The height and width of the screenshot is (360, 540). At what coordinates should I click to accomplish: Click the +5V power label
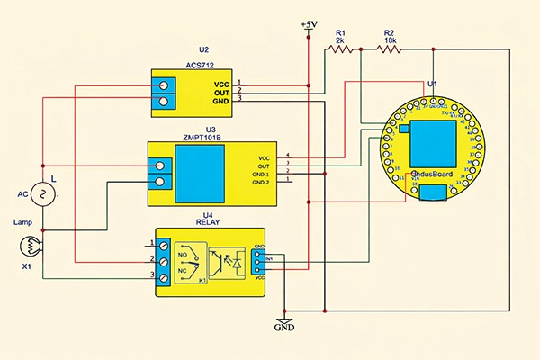[x=309, y=24]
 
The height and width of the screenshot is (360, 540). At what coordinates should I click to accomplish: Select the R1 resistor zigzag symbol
[x=341, y=49]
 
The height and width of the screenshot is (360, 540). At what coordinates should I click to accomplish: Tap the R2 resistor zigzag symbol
[x=390, y=49]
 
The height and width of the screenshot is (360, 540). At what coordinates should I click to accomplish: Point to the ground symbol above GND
[x=284, y=319]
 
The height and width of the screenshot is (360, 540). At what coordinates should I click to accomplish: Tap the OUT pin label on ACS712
[x=221, y=92]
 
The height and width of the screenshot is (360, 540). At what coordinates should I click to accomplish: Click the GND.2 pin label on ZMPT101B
[x=262, y=183]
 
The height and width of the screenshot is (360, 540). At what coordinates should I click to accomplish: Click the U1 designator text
[x=433, y=83]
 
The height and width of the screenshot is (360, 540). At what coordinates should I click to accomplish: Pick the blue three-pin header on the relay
[x=259, y=261]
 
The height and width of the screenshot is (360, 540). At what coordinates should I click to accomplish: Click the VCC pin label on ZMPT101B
[x=264, y=157]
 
